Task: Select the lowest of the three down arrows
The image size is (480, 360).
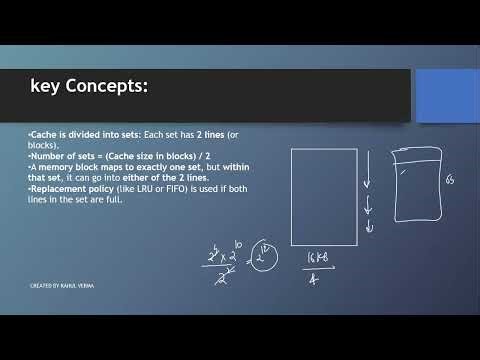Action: pyautogui.click(x=369, y=227)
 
